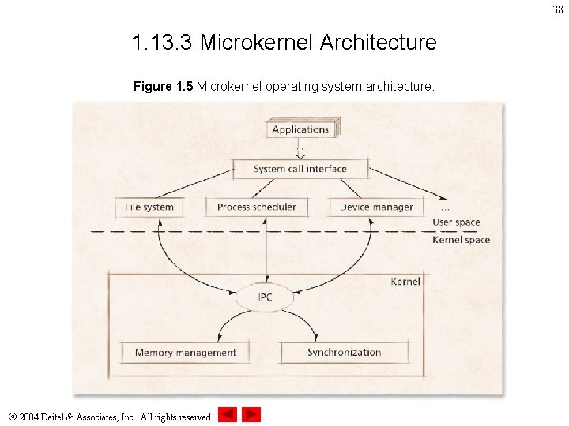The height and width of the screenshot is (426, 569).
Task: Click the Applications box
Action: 300,129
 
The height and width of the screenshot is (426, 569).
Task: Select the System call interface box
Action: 300,169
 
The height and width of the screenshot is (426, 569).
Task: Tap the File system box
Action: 149,207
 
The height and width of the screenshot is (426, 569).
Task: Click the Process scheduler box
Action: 256,207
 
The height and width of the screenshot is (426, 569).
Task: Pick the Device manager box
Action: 376,207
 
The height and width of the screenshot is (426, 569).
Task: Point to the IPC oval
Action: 266,297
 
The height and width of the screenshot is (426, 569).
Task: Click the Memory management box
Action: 185,353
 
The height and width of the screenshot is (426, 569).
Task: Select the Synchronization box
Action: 345,353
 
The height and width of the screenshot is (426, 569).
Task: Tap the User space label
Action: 456,222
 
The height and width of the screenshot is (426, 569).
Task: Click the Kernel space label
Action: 461,240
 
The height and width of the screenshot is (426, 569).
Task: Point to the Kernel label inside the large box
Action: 405,282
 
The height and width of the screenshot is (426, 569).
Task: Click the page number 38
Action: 558,9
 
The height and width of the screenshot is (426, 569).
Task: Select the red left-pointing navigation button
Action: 228,414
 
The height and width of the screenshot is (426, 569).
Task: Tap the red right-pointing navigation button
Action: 251,414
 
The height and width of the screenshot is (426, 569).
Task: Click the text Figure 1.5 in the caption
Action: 163,85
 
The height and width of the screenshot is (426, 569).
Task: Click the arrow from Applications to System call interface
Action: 300,148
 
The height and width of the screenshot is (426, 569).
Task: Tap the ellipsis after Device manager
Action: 446,209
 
